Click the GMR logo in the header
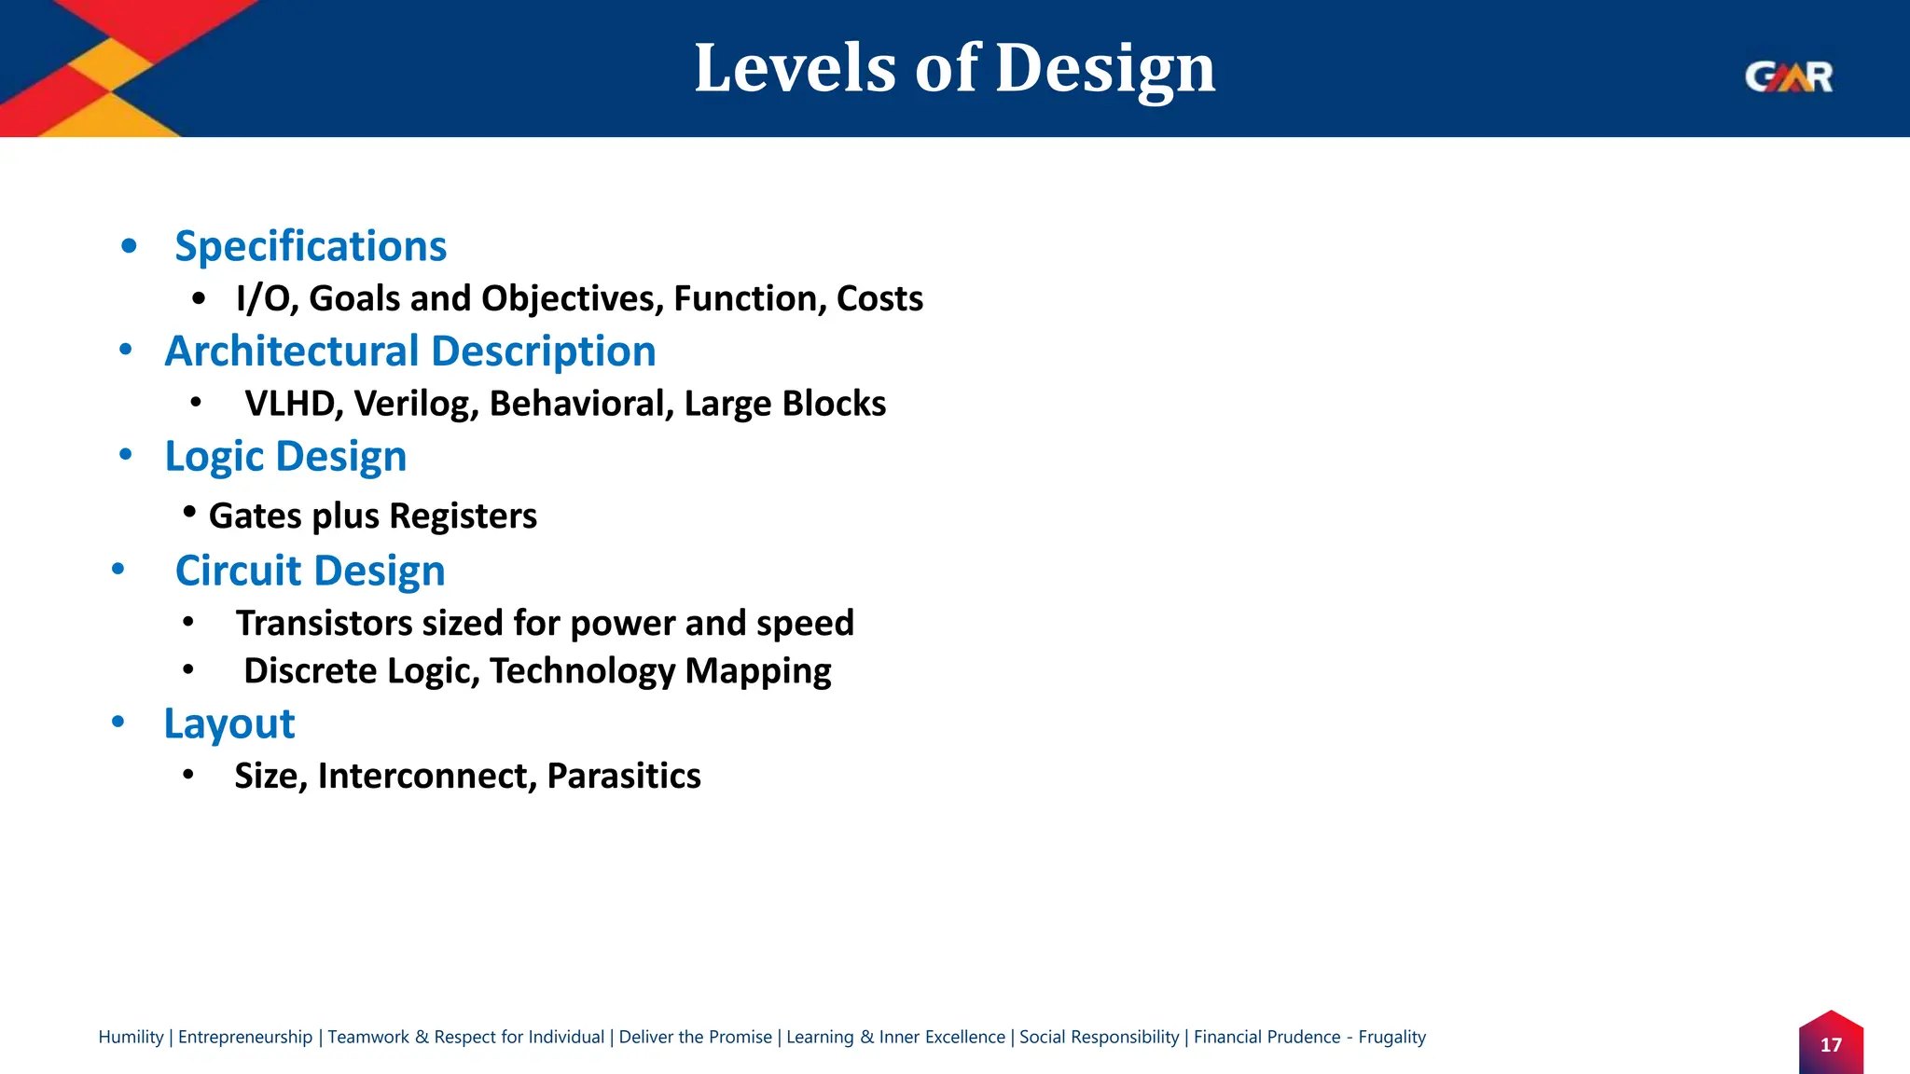(x=1789, y=76)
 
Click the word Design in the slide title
(x=1105, y=69)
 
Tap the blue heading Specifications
(x=311, y=247)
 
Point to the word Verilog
(x=416, y=404)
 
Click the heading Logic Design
(x=285, y=457)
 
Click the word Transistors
(x=324, y=623)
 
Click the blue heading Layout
(x=229, y=724)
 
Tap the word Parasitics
(x=624, y=776)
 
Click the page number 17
(x=1831, y=1045)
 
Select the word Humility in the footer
(x=131, y=1037)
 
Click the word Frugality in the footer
(x=1391, y=1037)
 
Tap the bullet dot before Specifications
(x=130, y=247)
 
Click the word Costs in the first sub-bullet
(x=879, y=299)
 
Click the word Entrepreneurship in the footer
(x=245, y=1037)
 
